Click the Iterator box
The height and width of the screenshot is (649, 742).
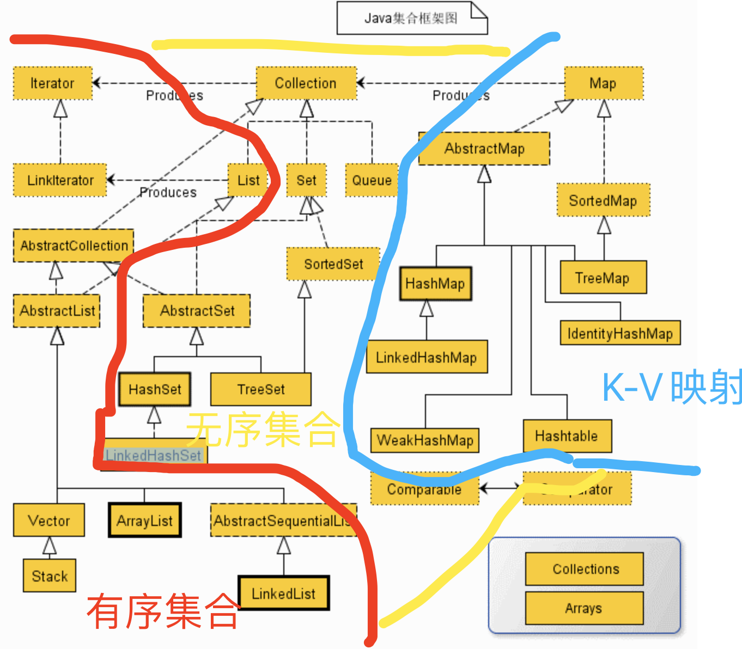[x=53, y=83]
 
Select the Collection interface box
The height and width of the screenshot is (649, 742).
[x=306, y=83]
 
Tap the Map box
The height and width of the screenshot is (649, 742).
[x=603, y=83]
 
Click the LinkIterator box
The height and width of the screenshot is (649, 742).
[x=60, y=180]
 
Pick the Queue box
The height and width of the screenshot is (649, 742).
[x=372, y=180]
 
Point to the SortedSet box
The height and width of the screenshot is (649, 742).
[x=333, y=264]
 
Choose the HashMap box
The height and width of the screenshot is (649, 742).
[x=435, y=284]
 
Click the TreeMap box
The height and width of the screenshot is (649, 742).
[x=603, y=278]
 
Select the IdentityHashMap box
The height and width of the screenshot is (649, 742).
[x=620, y=333]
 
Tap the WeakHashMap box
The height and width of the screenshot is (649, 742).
[x=425, y=440]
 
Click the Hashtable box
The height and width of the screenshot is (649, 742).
[x=567, y=436]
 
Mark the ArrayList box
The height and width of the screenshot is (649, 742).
[x=144, y=521]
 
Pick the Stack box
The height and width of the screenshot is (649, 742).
[x=50, y=576]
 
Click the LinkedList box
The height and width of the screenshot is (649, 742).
[x=283, y=593]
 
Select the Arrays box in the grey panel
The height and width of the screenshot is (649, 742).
[x=584, y=608]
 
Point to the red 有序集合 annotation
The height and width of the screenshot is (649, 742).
[x=163, y=611]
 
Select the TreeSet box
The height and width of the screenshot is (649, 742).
[x=261, y=389]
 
